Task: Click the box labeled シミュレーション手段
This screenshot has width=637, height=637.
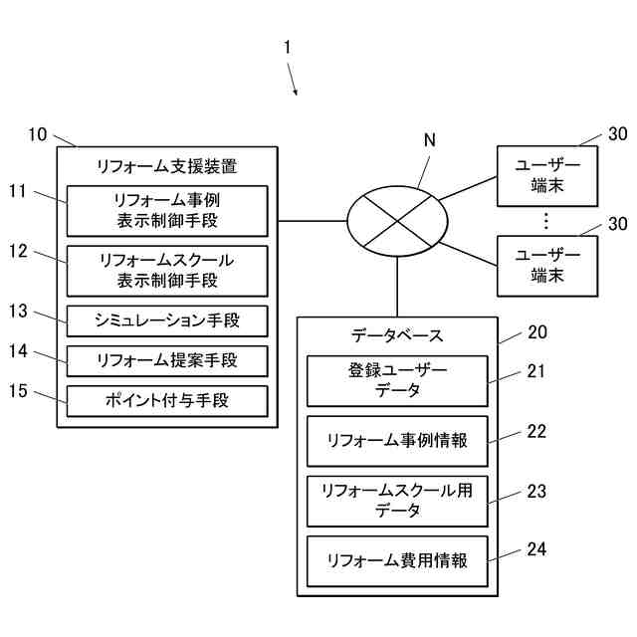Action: [167, 320]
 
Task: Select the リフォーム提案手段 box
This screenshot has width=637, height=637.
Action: [167, 360]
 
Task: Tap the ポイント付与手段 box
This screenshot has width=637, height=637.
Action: [167, 401]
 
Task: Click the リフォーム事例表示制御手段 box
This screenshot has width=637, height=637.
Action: [167, 210]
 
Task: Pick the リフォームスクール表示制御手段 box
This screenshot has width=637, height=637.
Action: [167, 270]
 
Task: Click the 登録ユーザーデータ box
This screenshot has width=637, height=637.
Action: [397, 381]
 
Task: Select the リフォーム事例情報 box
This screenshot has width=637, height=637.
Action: [397, 441]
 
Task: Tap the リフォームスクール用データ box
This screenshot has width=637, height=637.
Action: [397, 501]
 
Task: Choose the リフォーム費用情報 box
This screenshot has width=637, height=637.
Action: [397, 560]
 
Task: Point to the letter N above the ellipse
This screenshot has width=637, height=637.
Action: [430, 141]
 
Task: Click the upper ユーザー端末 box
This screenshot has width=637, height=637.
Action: [544, 177]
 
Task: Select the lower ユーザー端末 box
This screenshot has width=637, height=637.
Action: [544, 266]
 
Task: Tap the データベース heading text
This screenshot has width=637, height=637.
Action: [397, 335]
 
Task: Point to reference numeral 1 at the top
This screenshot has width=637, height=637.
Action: [288, 47]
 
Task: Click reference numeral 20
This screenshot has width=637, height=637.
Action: [536, 332]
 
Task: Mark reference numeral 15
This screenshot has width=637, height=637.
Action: [18, 390]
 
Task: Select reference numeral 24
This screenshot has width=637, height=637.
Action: [536, 548]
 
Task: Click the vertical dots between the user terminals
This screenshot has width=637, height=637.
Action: [544, 221]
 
